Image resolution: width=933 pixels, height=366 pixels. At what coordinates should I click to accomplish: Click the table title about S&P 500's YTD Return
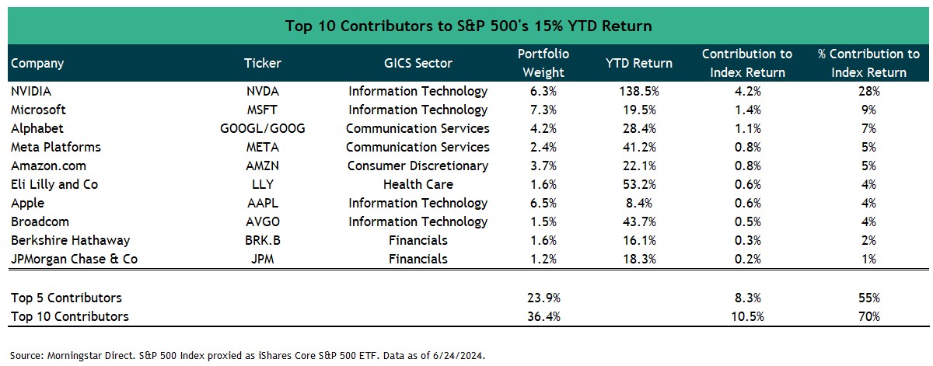tap(468, 26)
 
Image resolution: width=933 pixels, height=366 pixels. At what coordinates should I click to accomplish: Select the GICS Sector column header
tap(418, 63)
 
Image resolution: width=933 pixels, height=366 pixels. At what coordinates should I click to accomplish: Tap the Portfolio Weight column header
tap(543, 63)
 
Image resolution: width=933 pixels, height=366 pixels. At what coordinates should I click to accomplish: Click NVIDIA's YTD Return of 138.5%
tap(639, 91)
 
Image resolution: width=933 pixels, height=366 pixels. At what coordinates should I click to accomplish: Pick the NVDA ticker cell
tap(263, 91)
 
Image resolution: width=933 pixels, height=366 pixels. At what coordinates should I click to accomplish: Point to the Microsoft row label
tap(39, 110)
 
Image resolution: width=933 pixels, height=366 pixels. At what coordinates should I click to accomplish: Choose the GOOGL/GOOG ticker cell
tap(263, 128)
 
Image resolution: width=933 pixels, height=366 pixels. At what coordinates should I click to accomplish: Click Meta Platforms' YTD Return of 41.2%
tap(639, 147)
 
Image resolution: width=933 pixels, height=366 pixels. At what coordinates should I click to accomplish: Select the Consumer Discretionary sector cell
tap(418, 166)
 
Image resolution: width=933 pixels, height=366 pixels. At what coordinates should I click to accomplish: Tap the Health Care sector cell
tap(418, 184)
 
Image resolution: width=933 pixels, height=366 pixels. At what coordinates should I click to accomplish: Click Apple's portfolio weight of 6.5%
tap(543, 203)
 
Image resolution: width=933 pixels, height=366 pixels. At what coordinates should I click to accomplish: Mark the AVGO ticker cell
tap(263, 221)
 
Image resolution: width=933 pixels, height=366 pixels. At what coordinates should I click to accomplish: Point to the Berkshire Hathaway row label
tap(71, 240)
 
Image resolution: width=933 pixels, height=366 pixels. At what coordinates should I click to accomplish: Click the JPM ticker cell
tap(263, 259)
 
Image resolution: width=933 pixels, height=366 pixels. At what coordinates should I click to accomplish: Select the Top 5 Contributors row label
tap(66, 298)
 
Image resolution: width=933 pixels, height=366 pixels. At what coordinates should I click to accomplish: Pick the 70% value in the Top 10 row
tap(869, 316)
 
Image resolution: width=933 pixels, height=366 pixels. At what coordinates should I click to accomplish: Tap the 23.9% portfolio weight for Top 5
tap(543, 298)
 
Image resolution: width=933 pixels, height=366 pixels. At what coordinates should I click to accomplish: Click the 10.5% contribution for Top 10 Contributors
tap(746, 316)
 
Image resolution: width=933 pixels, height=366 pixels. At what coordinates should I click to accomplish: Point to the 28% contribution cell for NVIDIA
tap(869, 91)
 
